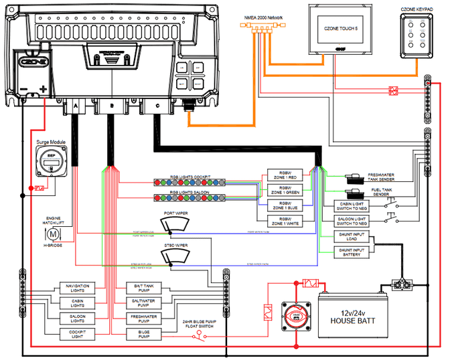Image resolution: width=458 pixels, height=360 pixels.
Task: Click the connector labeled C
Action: (x=157, y=106)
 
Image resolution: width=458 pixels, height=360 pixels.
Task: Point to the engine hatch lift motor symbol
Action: (x=52, y=234)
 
